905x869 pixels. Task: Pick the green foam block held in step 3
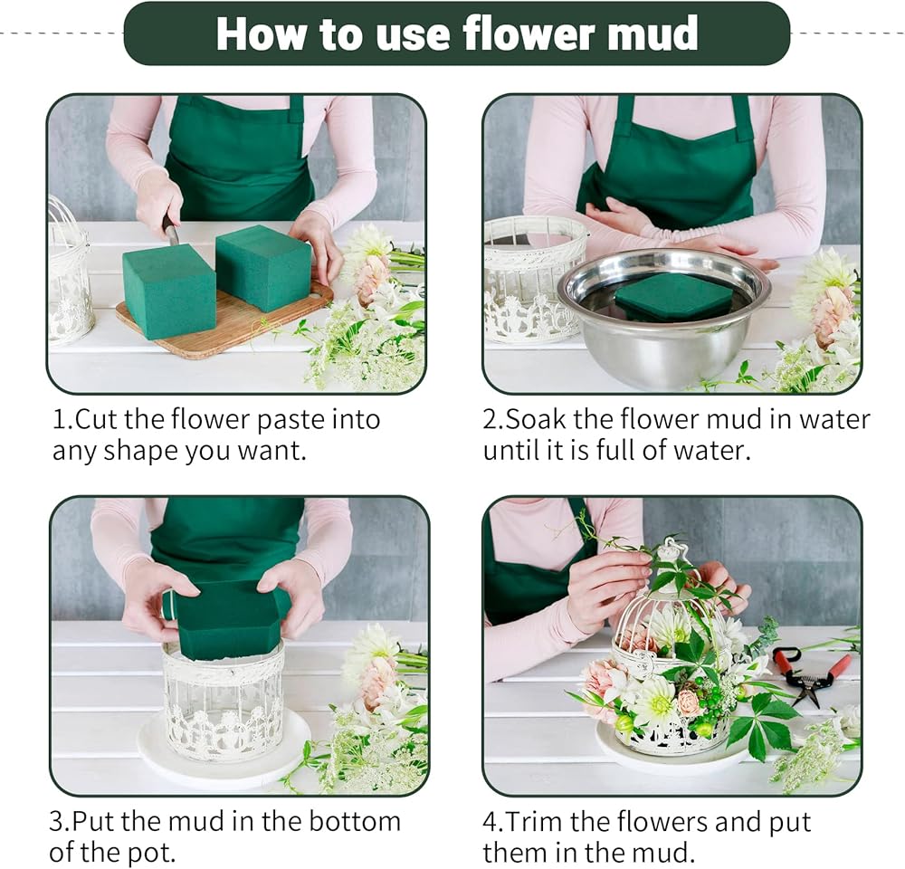[x=229, y=616]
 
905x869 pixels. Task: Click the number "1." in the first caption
[x=63, y=420]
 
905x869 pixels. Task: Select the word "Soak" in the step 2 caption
[x=536, y=420]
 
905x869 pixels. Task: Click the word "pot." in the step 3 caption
[x=152, y=854]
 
